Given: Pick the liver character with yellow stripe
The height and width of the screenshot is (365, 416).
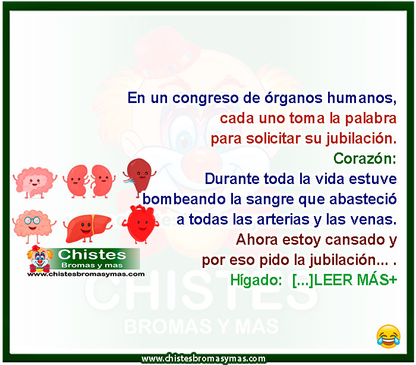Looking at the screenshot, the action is point(87,228).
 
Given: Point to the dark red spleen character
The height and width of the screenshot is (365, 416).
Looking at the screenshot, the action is point(139,176).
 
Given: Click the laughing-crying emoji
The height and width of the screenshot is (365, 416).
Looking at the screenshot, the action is point(389,336).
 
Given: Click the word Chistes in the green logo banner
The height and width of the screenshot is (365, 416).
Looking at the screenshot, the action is point(92,255).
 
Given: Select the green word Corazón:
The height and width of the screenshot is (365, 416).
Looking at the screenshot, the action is point(364,159).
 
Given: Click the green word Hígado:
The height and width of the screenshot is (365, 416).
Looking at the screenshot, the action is point(256,280).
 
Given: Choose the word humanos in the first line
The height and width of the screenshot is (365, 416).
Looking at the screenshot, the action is point(361,98).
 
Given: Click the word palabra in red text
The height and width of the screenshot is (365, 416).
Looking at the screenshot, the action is point(371,118).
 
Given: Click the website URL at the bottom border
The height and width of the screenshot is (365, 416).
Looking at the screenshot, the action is point(203,358).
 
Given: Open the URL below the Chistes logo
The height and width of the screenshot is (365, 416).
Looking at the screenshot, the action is point(86,274).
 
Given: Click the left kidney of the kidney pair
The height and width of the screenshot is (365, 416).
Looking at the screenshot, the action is point(77,181).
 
